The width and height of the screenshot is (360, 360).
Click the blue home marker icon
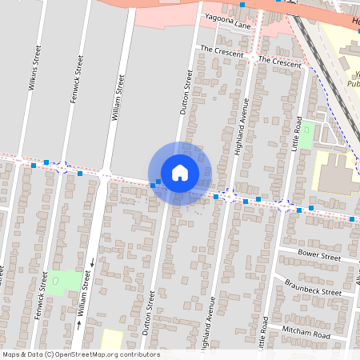(x=180, y=173)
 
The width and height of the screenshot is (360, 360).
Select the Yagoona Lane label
(x=227, y=25)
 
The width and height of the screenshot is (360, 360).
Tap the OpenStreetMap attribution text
(x=81, y=354)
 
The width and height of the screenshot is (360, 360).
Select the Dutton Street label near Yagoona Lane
(x=186, y=91)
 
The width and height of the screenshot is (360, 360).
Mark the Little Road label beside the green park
(x=297, y=134)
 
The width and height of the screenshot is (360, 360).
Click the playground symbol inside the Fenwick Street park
(x=55, y=281)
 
